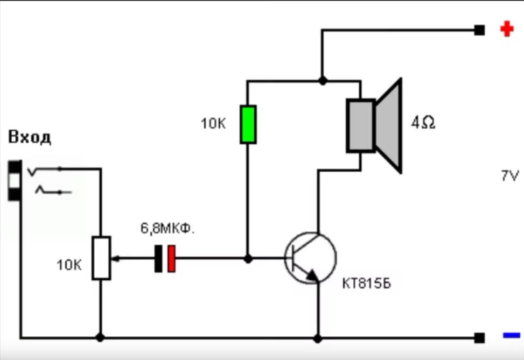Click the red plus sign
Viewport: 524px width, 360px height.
click(506, 29)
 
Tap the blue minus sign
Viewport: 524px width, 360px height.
click(511, 335)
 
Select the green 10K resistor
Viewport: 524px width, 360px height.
click(248, 124)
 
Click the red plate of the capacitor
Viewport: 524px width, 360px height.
click(171, 258)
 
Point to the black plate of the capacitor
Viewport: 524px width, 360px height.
click(159, 258)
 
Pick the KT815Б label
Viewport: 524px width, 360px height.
click(366, 284)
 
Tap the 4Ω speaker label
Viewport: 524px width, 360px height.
click(423, 123)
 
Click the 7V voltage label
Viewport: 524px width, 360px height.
click(509, 176)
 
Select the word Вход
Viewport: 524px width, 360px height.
click(30, 137)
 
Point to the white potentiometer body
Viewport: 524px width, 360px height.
click(101, 258)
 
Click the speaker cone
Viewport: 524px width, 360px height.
click(389, 125)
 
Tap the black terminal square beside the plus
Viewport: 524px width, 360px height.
click(479, 30)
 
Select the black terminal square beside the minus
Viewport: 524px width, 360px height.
click(479, 338)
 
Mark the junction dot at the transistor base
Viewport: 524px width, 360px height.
click(248, 259)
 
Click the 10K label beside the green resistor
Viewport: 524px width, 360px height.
click(213, 124)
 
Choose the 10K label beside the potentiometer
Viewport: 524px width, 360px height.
click(69, 265)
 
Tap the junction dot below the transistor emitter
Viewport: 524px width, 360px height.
click(318, 338)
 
